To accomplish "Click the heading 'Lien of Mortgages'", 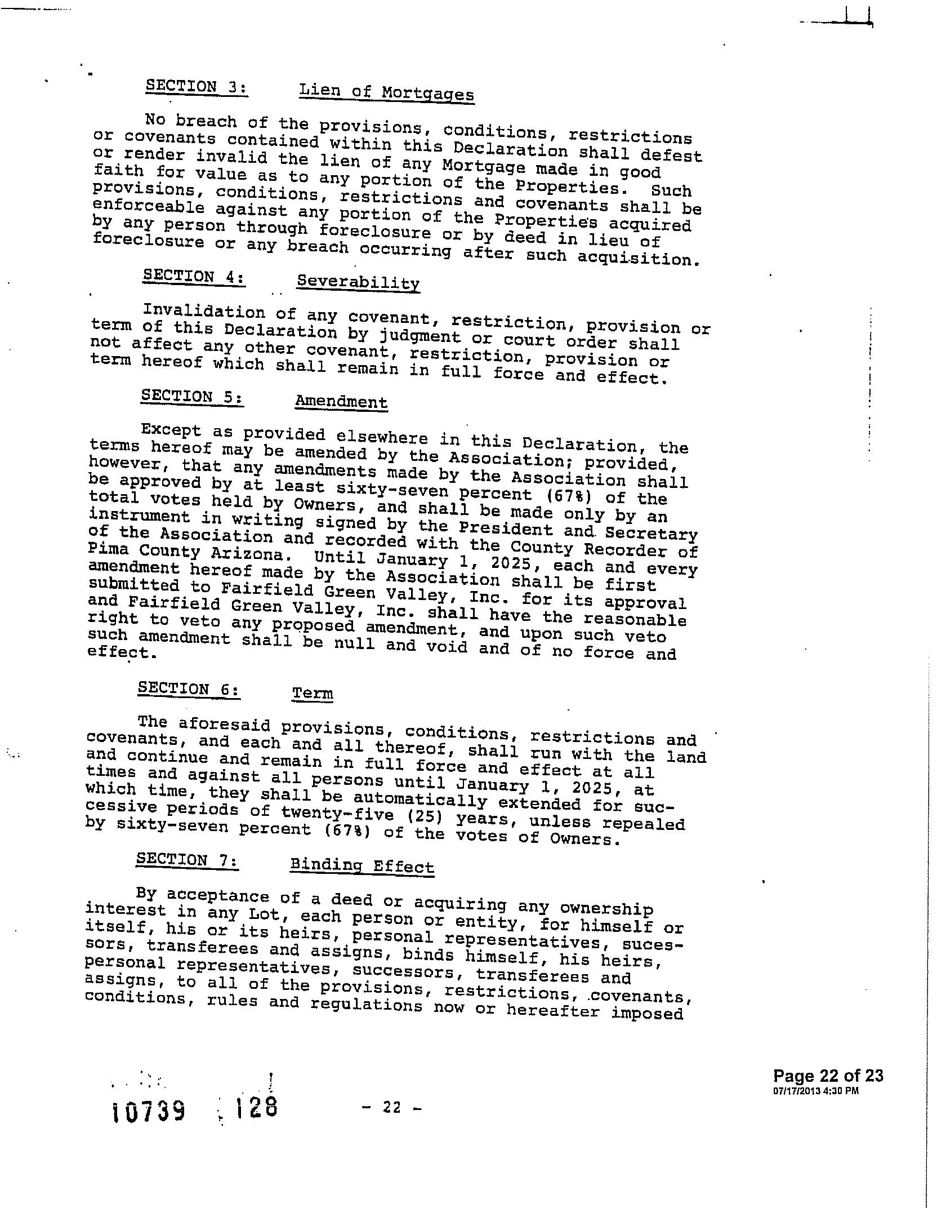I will click(x=386, y=92).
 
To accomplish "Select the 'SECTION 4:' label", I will click(x=194, y=277).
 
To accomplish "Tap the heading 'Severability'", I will click(x=358, y=282).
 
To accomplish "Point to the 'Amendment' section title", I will click(x=341, y=402).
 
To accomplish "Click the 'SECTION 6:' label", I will click(x=189, y=689).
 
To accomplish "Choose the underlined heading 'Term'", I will click(x=313, y=693).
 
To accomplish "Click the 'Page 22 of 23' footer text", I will click(x=828, y=1076).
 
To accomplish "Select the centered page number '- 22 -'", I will click(x=392, y=1107).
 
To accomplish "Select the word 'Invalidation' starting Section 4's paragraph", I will click(x=204, y=312).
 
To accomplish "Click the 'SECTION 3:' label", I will click(x=197, y=87).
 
